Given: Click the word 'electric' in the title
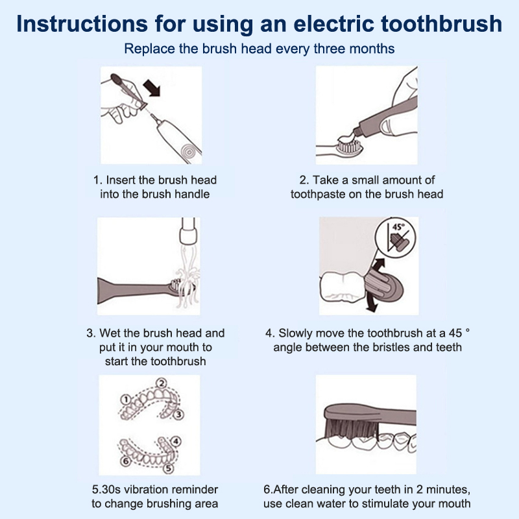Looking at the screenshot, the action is (333, 23).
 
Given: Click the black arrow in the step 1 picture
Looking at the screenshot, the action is (152, 88).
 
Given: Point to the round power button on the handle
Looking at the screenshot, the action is (188, 152).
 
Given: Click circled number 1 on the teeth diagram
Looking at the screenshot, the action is (126, 400).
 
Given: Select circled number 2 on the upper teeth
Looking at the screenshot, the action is (162, 383).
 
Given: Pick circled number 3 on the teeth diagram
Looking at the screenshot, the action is (178, 414).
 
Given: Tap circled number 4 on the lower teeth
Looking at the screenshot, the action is (176, 442).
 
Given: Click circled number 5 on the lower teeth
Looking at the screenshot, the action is (168, 468).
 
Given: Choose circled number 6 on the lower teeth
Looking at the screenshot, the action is (125, 461).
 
